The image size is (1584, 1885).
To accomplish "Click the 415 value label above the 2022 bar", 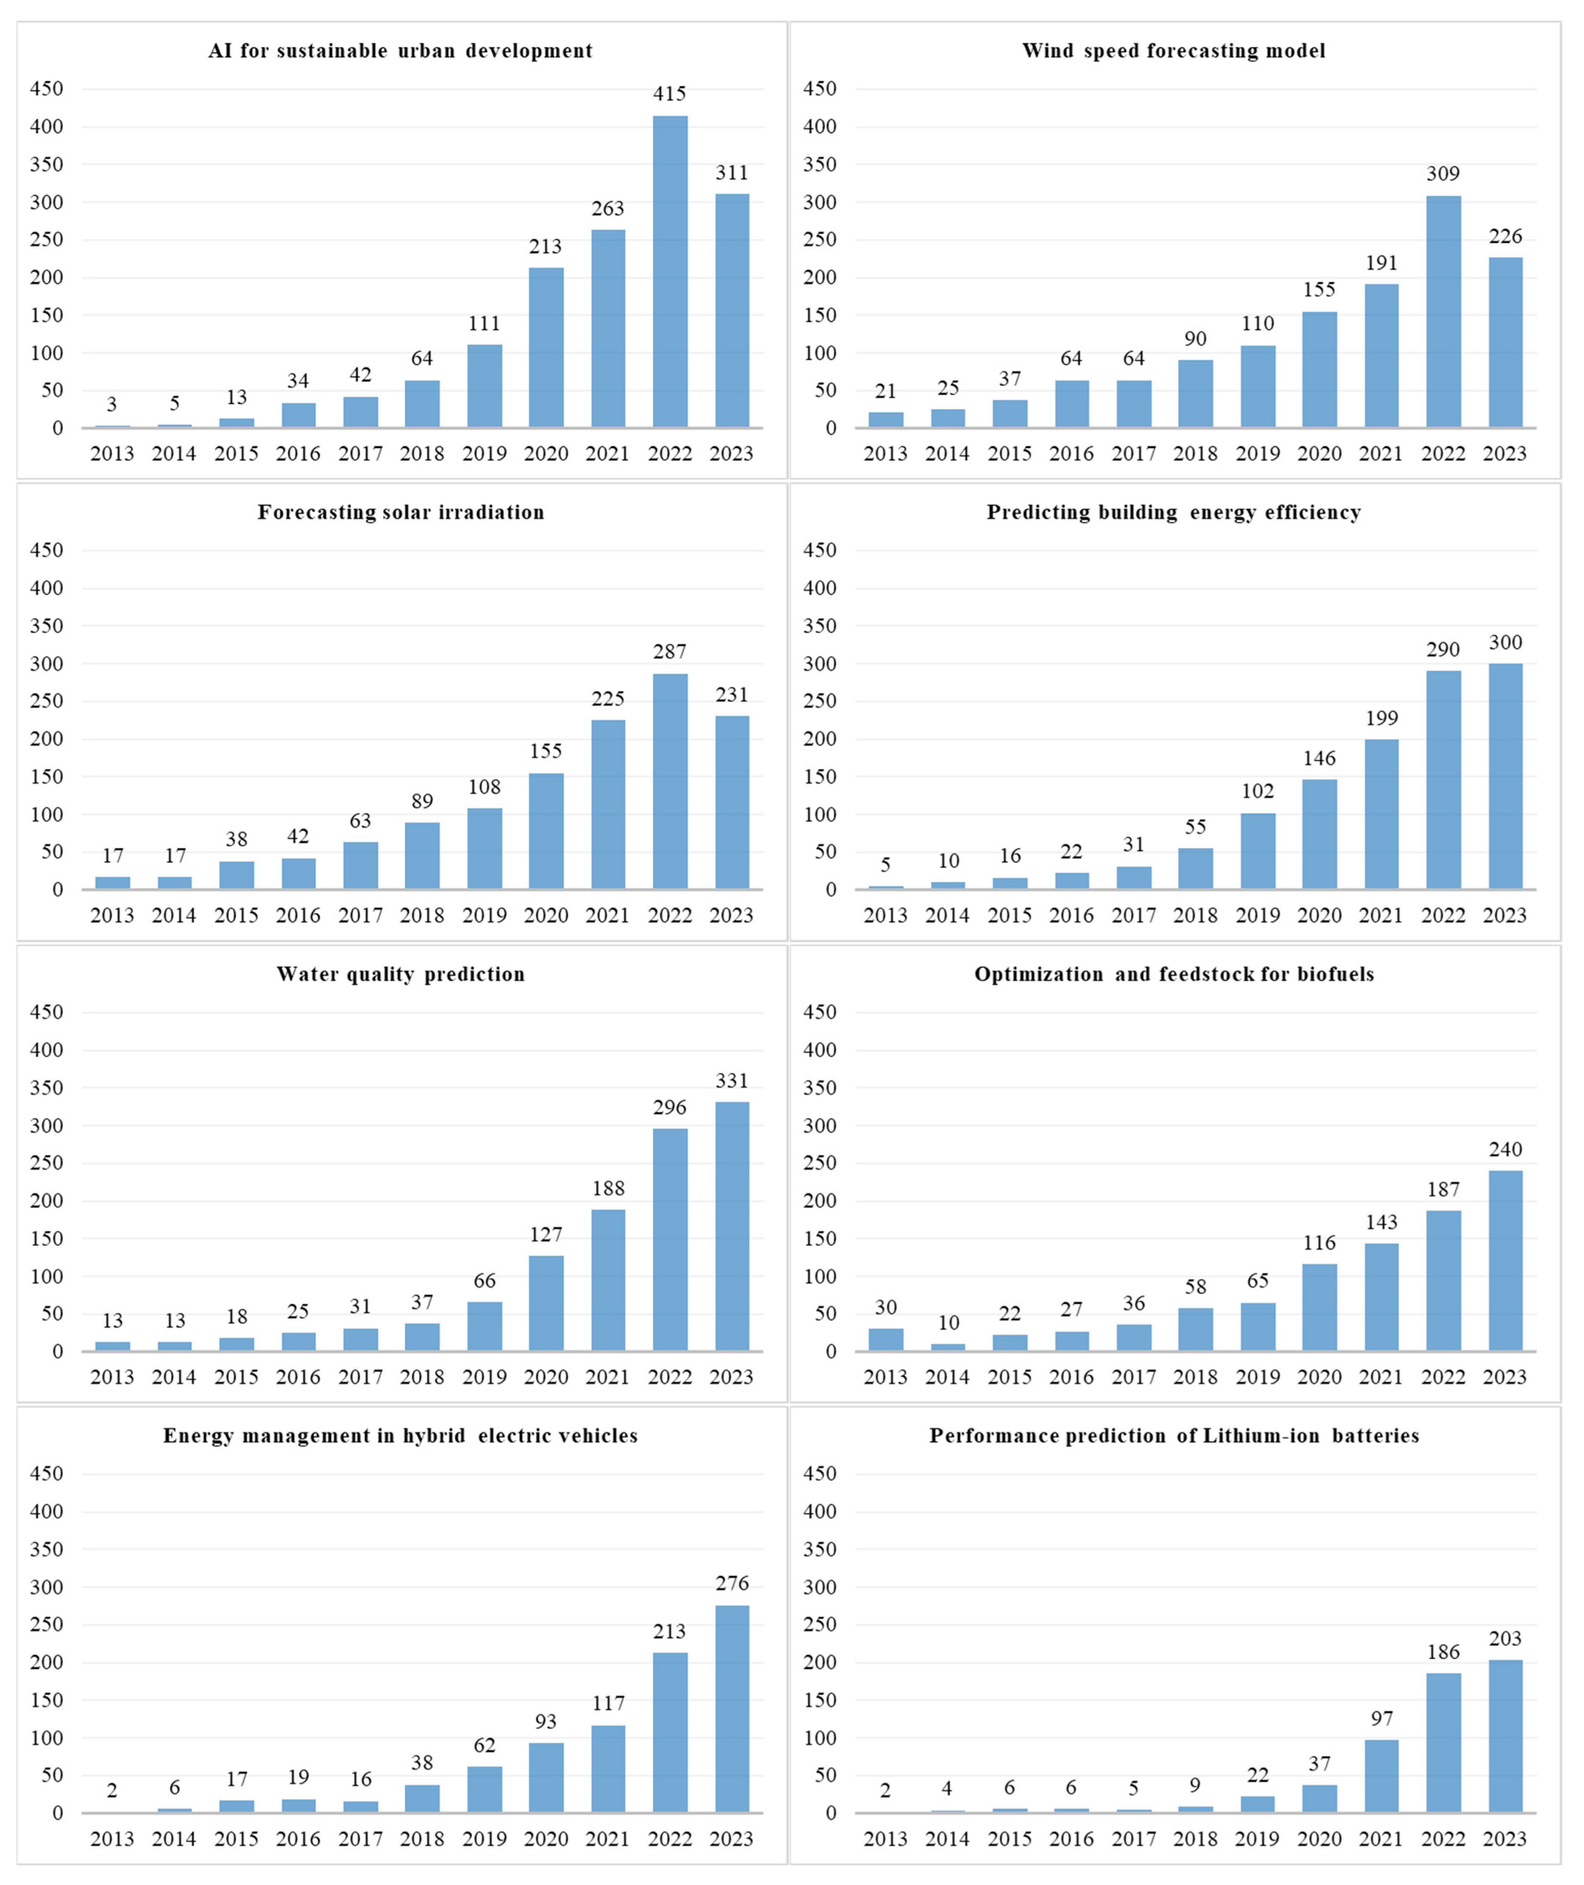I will pyautogui.click(x=670, y=93).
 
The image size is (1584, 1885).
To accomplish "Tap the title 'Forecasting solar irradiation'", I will pyautogui.click(x=401, y=512).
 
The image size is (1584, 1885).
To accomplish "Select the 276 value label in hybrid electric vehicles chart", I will pyautogui.click(x=732, y=1583).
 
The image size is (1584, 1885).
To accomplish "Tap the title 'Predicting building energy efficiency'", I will pyautogui.click(x=1174, y=512).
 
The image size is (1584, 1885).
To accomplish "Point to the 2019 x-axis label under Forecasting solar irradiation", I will pyautogui.click(x=484, y=915).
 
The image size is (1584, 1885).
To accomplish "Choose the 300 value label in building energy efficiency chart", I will pyautogui.click(x=1505, y=642).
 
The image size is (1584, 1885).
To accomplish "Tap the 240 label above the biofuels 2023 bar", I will pyautogui.click(x=1505, y=1150).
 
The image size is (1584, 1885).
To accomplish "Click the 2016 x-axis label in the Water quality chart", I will pyautogui.click(x=298, y=1377).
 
